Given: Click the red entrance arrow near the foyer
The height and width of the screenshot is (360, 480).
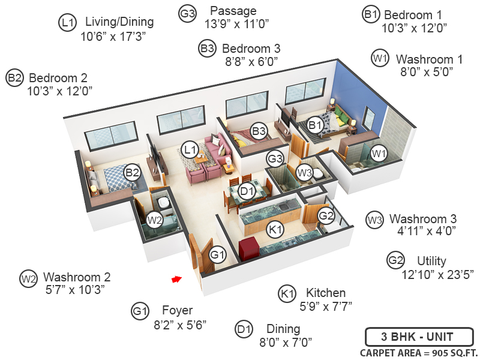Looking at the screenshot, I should pos(176,279).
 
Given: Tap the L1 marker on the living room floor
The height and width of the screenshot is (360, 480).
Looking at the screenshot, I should pos(191,149).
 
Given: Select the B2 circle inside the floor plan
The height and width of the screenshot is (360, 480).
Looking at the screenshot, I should pos(131,173).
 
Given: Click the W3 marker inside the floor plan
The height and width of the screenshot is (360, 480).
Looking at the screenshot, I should pos(305,173).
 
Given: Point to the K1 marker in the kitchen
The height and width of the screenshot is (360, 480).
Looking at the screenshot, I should pos(275,229).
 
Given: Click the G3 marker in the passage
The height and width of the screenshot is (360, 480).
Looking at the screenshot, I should pos(275,159).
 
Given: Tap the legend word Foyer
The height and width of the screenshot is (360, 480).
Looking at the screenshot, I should pos(178,310).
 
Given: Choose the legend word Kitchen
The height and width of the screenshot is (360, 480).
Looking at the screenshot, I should pos(326,293).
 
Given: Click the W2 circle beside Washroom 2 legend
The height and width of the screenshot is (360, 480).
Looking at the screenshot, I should pos(28,279).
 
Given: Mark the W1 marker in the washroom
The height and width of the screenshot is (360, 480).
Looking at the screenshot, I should pos(378,154).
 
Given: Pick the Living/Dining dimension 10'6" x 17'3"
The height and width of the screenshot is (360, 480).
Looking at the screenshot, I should pos(113,35).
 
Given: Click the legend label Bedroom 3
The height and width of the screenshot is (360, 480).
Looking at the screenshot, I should pos(251,48).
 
